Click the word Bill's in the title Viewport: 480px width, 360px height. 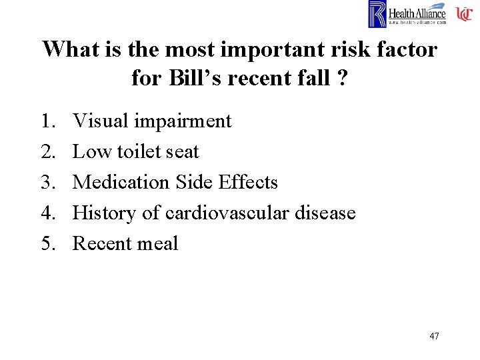click(189, 78)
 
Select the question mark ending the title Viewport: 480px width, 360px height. click(343, 78)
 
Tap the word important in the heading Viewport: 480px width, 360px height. click(267, 49)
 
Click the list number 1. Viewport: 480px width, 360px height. click(49, 121)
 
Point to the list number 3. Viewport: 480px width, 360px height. click(49, 183)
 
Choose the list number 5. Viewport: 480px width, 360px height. click(49, 244)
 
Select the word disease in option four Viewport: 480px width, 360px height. click(327, 213)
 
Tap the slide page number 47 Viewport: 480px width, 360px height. click(434, 336)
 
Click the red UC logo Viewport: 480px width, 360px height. click(464, 13)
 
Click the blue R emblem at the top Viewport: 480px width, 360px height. click(377, 14)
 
